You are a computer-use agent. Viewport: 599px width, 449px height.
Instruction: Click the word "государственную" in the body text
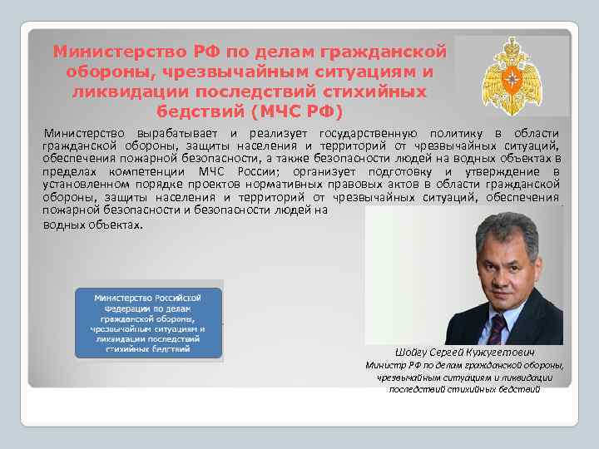coord(360,134)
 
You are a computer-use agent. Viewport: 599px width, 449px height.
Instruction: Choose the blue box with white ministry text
coord(149,323)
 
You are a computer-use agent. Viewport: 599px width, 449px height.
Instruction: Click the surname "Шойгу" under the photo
coord(416,352)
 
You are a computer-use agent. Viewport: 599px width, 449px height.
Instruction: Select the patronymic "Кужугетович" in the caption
coord(505,352)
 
